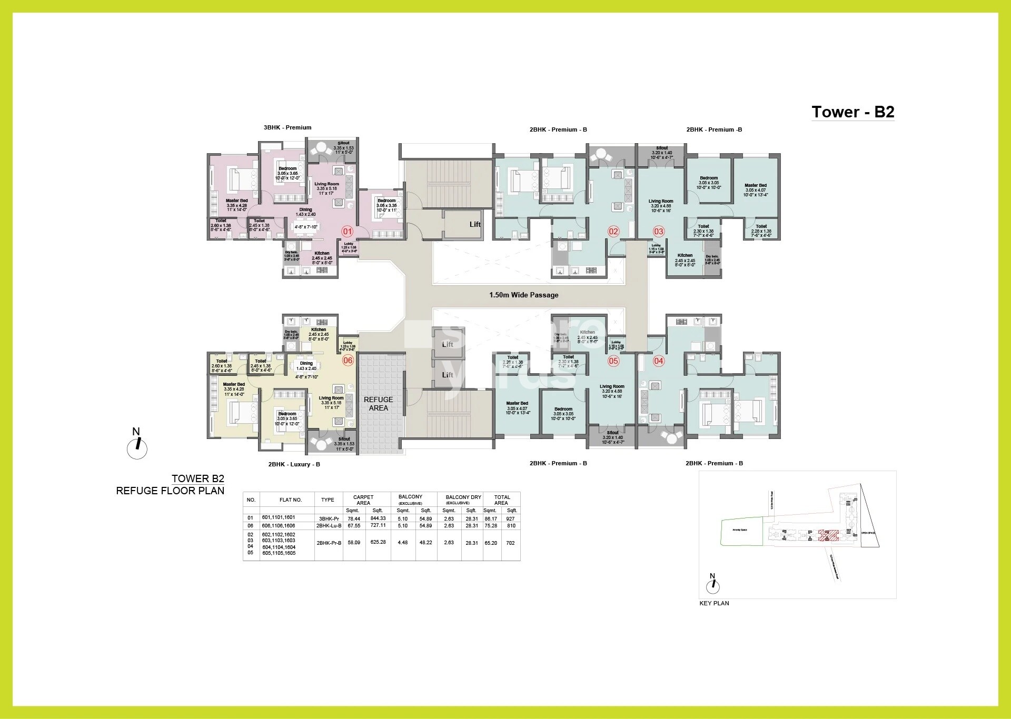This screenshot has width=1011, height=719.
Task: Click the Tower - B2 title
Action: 853,112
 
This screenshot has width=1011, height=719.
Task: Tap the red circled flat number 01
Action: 347,231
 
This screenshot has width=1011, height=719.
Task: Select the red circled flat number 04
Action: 658,361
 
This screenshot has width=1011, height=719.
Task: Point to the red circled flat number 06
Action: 348,360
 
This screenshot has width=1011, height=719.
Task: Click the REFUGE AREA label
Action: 378,404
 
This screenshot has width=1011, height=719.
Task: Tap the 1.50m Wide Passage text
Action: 523,295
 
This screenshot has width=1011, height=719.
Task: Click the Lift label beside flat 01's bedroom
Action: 475,224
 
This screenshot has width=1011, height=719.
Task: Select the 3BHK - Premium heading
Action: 288,127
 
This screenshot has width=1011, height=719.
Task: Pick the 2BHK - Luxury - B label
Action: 294,464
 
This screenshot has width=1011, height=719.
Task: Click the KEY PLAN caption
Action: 714,603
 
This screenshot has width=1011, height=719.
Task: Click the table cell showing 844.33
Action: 378,518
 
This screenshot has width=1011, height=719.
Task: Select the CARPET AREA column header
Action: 363,500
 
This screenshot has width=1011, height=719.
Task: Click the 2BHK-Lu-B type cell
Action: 329,525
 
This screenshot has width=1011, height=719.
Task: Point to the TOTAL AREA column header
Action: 501,500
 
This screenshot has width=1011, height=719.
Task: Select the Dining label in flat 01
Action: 305,209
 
